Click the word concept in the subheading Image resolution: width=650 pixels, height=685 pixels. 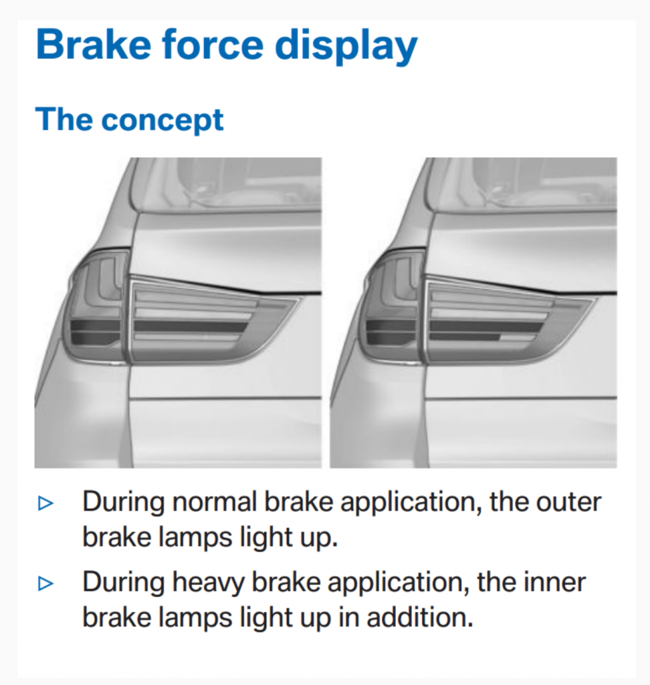(x=162, y=120)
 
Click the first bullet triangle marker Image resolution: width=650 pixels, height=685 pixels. (x=45, y=503)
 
